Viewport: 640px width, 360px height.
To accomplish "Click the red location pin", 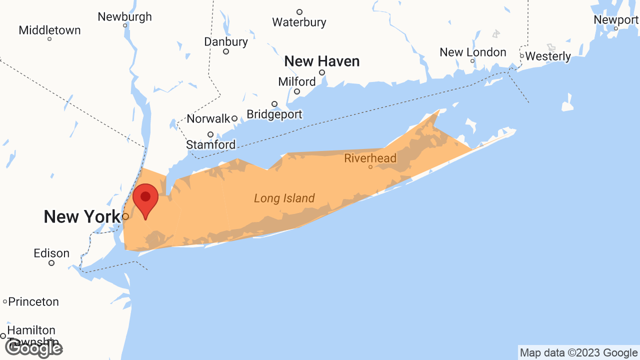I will pos(145,198).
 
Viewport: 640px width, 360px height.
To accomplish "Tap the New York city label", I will pos(82,217).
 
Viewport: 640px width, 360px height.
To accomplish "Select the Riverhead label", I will pos(370,158).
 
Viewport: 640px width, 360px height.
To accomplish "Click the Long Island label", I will pos(284,198).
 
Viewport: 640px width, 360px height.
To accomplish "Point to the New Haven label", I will pos(321,61).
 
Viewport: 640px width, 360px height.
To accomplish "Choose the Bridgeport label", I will pos(274,114).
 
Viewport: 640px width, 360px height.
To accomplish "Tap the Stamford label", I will pos(210,144).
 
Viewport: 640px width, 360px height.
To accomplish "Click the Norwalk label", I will pos(208,119).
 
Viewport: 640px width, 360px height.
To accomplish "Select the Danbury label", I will pos(226,42).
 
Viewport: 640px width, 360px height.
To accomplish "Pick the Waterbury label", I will pos(299,22).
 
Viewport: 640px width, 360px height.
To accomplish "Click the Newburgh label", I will pos(124,16).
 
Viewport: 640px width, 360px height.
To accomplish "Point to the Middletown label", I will pos(49,30).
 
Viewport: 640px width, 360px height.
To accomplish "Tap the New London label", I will pos(472,52).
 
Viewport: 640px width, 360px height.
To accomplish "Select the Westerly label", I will pos(548,56).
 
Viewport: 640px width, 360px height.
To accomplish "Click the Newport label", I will pos(616,20).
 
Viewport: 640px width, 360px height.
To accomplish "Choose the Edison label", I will pos(51,253).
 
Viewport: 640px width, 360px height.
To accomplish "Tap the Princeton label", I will pos(33,301).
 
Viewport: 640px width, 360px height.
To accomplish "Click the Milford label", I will pos(297,81).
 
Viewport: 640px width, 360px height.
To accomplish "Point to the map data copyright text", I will pos(578,353).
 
